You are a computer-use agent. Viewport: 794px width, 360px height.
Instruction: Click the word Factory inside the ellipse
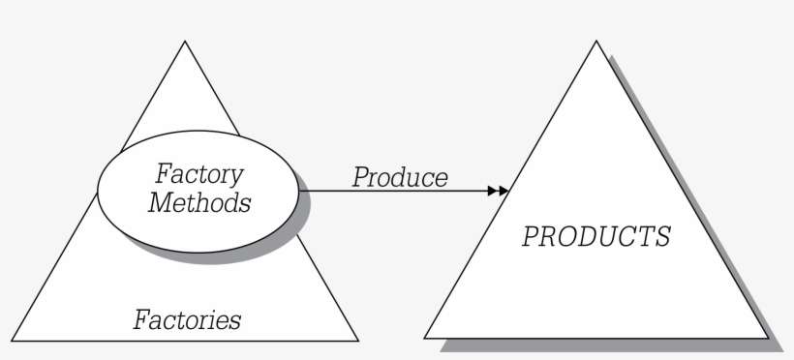pyautogui.click(x=199, y=175)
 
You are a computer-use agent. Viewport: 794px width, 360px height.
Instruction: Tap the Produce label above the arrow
pyautogui.click(x=399, y=178)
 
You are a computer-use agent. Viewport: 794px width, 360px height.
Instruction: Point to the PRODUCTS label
pyautogui.click(x=595, y=237)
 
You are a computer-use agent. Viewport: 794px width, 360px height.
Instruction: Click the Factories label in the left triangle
pyautogui.click(x=187, y=318)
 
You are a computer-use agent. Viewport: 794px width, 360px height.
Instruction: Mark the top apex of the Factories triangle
pyautogui.click(x=185, y=42)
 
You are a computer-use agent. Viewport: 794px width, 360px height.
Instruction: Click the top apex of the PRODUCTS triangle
pyautogui.click(x=596, y=42)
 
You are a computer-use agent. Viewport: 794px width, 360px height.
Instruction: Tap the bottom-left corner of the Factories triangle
pyautogui.click(x=13, y=340)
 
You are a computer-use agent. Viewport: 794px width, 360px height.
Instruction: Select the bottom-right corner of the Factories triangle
pyautogui.click(x=357, y=340)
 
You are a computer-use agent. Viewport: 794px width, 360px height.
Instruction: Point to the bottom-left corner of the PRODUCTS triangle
pyautogui.click(x=425, y=338)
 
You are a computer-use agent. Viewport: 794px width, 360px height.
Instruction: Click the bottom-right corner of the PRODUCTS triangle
pyautogui.click(x=768, y=338)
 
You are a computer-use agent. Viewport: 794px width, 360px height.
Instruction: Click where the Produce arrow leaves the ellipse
pyautogui.click(x=300, y=191)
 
